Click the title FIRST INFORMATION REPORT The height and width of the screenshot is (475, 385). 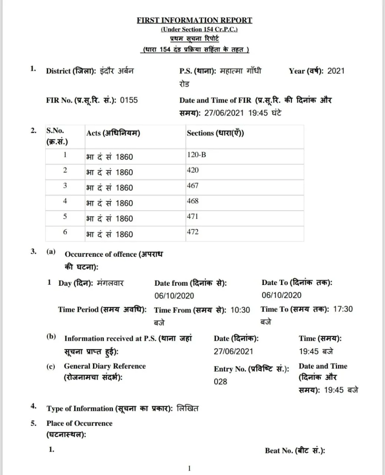tap(194, 20)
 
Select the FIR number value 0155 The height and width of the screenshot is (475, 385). tap(129, 100)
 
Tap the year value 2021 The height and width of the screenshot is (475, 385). tap(336, 71)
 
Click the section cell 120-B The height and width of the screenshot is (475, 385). tap(196, 155)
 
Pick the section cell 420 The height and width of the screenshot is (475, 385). tap(193, 170)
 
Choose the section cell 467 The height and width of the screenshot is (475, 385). tap(193, 186)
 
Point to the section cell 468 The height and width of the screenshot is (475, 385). tap(193, 201)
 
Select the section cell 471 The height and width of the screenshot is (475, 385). tap(193, 216)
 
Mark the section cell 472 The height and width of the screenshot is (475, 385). tap(193, 232)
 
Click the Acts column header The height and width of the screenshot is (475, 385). tap(113, 133)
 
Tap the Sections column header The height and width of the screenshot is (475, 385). tap(215, 133)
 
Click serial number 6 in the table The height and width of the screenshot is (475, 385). tap(65, 232)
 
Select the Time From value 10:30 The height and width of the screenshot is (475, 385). tap(240, 310)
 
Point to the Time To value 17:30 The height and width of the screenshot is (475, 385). tap(343, 309)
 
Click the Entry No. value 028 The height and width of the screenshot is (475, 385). tap(220, 381)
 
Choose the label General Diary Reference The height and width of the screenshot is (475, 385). tap(105, 366)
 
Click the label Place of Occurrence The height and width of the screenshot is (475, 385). tap(79, 423)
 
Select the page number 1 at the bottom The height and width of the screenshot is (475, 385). tap(189, 468)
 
